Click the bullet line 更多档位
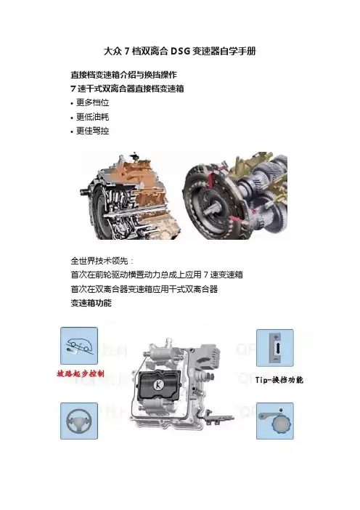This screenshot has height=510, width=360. tap(92, 102)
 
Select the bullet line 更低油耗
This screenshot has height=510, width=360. tap(92, 117)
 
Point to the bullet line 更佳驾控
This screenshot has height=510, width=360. tap(92, 131)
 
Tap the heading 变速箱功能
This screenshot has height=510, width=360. tap(91, 303)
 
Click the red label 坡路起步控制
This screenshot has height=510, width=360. tap(81, 373)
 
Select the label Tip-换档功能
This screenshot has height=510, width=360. tap(279, 380)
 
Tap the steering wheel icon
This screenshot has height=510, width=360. tap(79, 421)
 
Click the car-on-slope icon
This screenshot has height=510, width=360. tap(79, 346)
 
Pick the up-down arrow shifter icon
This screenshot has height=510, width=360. tap(275, 348)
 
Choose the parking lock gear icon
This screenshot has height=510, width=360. tap(275, 421)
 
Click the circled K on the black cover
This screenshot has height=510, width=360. tap(158, 385)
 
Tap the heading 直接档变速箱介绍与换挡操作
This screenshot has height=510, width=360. tap(124, 75)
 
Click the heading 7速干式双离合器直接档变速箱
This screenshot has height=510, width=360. tap(127, 89)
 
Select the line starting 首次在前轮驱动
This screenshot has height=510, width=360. tap(157, 275)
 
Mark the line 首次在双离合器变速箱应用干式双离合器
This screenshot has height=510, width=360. tap(144, 289)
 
